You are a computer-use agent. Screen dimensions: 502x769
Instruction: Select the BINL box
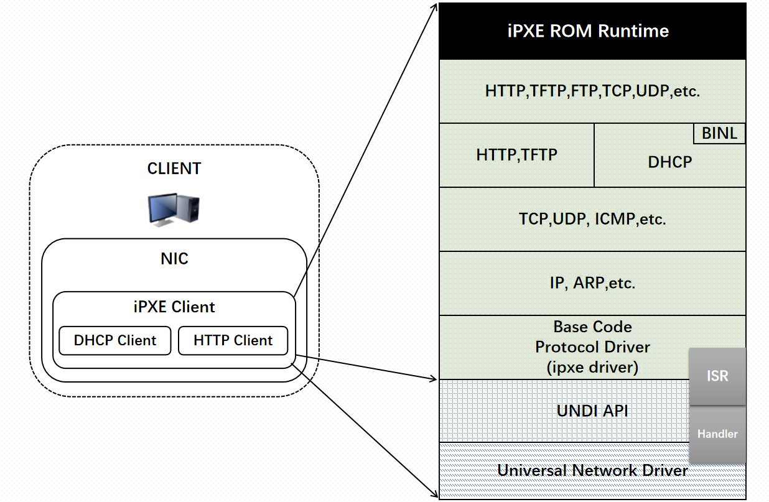point(719,133)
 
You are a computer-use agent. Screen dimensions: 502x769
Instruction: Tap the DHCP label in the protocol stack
point(669,162)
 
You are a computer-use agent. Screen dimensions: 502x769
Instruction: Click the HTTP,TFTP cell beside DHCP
point(516,155)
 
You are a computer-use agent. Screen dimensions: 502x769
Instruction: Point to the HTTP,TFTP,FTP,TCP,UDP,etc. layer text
point(592,91)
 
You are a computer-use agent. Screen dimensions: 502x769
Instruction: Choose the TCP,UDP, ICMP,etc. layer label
point(592,219)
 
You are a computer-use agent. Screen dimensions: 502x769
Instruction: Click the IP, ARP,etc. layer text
point(592,284)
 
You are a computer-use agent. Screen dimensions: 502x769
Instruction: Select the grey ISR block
point(717,376)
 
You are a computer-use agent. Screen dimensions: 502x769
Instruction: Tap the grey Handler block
point(717,434)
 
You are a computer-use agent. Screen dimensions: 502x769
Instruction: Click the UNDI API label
point(592,411)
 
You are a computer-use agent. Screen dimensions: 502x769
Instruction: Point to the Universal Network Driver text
point(592,470)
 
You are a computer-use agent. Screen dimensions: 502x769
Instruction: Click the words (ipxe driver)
point(592,368)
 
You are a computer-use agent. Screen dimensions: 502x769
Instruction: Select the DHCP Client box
point(115,341)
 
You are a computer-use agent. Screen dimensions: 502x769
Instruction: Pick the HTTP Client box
point(233,341)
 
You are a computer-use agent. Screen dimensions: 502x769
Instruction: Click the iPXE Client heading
point(174,307)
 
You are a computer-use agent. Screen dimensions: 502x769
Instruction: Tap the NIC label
point(174,259)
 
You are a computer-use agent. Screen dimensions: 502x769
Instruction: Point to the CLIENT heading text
point(174,169)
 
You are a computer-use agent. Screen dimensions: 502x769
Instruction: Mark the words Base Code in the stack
point(592,327)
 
